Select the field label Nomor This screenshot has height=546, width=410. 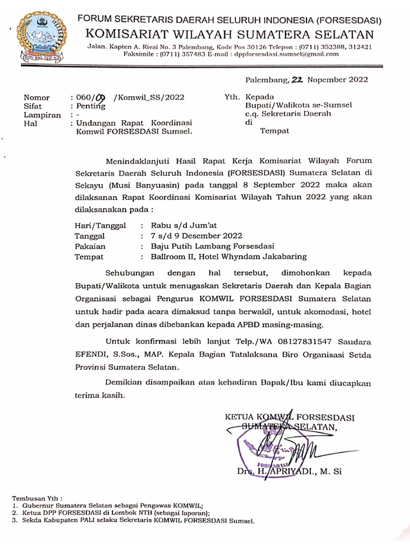(x=36, y=98)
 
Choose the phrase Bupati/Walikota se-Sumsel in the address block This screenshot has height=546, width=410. (x=298, y=106)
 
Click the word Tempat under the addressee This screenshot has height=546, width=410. (x=274, y=130)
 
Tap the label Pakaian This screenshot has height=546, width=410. (x=90, y=246)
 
